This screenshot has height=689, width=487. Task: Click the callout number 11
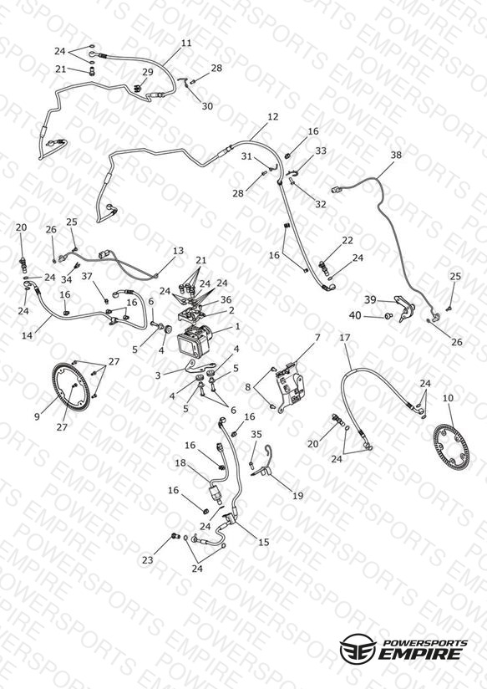(x=186, y=43)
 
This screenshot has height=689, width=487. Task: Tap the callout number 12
(x=272, y=116)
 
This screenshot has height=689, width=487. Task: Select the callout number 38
(x=396, y=155)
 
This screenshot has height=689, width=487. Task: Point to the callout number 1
(x=237, y=326)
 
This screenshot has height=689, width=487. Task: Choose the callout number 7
(x=317, y=338)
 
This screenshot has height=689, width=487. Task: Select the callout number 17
(x=345, y=338)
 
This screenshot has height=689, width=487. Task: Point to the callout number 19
(x=297, y=496)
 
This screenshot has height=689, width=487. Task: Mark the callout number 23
(x=148, y=560)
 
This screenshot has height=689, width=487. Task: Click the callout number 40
(x=355, y=315)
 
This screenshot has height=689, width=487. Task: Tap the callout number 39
(x=370, y=299)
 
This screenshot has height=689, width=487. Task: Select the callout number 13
(x=178, y=251)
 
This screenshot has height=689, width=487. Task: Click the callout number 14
(x=28, y=335)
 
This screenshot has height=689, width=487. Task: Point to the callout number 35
(x=256, y=434)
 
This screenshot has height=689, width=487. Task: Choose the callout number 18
(x=180, y=462)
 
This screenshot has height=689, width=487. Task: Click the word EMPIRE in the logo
(x=419, y=653)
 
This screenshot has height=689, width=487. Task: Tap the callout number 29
(x=148, y=72)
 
